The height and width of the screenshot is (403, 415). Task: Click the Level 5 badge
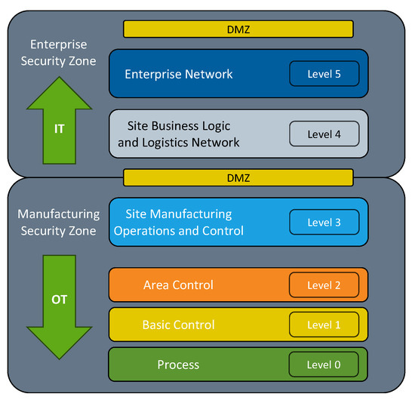click(x=324, y=74)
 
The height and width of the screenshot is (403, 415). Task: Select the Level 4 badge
click(x=324, y=134)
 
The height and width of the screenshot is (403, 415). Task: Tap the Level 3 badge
click(x=324, y=223)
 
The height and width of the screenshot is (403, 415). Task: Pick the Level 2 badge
click(x=324, y=285)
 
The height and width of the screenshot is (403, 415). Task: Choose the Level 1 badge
click(x=324, y=325)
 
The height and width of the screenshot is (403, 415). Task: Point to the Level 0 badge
click(x=324, y=365)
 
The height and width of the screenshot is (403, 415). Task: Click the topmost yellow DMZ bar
click(x=238, y=29)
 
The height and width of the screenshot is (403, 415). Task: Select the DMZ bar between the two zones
click(x=238, y=177)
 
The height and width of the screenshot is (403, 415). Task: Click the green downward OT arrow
click(x=59, y=306)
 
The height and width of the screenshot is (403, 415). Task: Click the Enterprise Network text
click(x=179, y=74)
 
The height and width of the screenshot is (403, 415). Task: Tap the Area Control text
click(x=178, y=285)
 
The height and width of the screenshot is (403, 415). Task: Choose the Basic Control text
click(x=178, y=325)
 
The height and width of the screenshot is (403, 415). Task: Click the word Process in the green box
click(x=178, y=365)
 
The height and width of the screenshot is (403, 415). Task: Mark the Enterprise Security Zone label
click(x=59, y=52)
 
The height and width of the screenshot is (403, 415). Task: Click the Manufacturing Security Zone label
click(x=59, y=223)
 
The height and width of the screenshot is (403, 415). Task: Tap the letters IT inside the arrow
click(x=59, y=129)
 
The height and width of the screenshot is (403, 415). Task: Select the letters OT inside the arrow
click(x=59, y=300)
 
